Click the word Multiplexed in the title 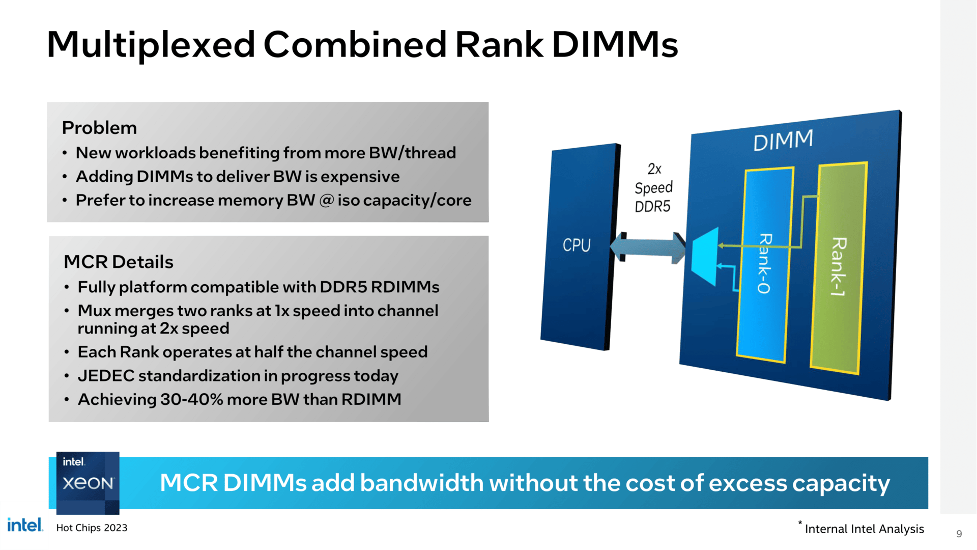coord(151,45)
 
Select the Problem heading coord(99,128)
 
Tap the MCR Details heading coord(118,262)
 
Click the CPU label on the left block coord(577,245)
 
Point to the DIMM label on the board coord(783,141)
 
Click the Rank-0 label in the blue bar coord(764,263)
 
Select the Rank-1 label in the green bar coord(838,266)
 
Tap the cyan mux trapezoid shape coord(705,256)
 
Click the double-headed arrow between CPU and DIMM coord(647,248)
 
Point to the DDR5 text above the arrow coord(652,207)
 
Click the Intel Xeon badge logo coord(88,482)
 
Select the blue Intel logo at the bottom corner coord(25,525)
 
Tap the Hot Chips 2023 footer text coord(92,528)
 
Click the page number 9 coord(959,534)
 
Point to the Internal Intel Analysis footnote coord(864,529)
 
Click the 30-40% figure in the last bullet coord(191,400)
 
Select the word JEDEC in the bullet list coord(106,376)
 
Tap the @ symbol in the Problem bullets coord(326,200)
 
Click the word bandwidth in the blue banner coord(421,483)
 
